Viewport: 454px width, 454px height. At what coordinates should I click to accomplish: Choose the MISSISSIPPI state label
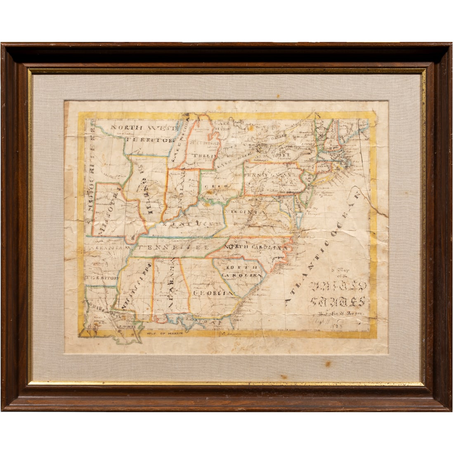(x=136, y=286)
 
